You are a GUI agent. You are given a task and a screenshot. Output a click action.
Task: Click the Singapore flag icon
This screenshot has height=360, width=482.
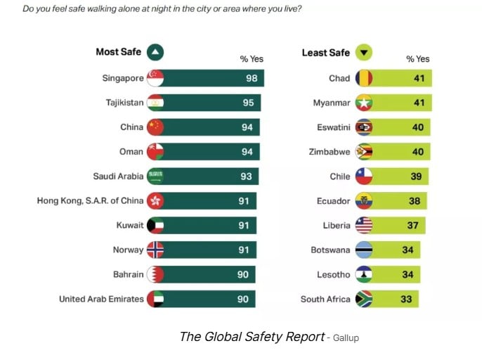coord(155,78)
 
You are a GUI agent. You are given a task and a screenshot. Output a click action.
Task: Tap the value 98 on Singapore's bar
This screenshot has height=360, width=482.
coord(252,78)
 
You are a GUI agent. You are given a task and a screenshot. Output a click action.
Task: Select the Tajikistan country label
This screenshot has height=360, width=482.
coord(124,103)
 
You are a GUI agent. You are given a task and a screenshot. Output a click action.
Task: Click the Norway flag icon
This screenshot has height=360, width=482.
coord(155,250)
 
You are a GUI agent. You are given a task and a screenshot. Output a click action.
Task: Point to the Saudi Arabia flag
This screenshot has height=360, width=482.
coord(155,176)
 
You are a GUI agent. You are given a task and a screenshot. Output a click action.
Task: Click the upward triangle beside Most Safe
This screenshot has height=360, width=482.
coord(155,51)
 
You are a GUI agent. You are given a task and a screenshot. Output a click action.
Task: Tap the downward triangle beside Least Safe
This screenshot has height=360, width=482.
coord(364,52)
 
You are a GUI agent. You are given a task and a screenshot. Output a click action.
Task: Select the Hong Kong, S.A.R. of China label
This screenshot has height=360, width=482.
coord(90,200)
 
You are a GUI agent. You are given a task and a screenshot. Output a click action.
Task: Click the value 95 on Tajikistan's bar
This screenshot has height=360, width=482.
coord(249,103)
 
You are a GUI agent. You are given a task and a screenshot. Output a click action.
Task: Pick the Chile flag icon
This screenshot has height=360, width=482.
coord(364,176)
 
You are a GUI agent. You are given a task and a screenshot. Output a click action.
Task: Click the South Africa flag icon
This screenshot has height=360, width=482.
coord(364,299)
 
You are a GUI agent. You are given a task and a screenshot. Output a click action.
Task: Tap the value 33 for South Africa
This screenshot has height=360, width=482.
coord(406,299)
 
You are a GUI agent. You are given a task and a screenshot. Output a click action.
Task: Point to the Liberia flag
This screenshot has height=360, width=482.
coord(364,225)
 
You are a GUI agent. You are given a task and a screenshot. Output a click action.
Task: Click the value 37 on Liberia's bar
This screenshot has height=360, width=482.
coord(412,225)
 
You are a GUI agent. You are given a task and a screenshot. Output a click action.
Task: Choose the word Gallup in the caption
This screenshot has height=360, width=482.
coord(345,338)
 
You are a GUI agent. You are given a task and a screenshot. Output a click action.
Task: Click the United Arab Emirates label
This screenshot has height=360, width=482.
coord(101,299)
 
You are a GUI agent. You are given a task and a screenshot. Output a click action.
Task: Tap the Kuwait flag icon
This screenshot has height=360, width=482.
coord(155,225)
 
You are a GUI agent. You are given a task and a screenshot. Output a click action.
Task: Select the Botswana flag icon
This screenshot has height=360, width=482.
coord(364,250)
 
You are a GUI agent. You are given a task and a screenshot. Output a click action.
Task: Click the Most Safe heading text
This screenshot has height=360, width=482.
coord(118,51)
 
